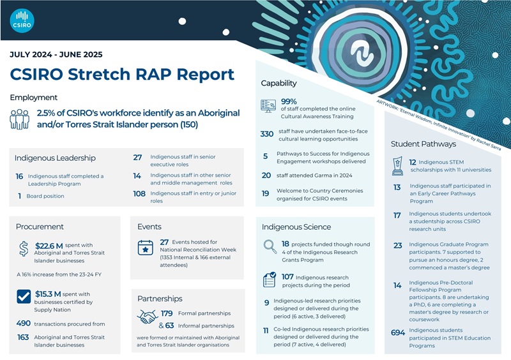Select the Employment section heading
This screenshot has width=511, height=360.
point(33,98)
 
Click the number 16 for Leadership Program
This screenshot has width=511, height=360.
point(19,176)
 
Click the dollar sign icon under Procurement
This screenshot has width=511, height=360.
point(24,248)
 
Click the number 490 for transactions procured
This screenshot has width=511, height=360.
point(24,324)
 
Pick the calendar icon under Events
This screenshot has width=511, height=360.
point(146,248)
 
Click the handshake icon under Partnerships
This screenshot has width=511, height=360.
point(148,317)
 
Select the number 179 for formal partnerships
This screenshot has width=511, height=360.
point(167,313)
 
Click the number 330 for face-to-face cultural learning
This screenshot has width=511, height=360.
point(267,133)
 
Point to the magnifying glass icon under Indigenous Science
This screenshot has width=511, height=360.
point(270,247)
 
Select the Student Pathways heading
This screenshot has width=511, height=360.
point(422,144)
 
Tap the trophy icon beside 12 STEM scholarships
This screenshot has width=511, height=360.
point(396,167)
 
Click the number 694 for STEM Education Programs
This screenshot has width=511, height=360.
point(397,331)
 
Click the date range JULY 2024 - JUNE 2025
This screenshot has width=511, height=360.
point(56,55)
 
